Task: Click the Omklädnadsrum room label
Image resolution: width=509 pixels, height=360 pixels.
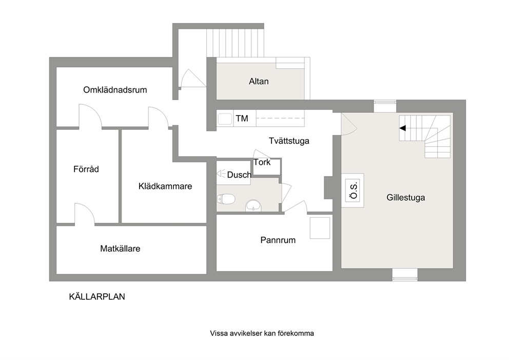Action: click(115, 90)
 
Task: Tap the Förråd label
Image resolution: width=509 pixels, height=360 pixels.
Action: click(86, 169)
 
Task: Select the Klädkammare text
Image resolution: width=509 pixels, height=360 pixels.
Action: click(165, 186)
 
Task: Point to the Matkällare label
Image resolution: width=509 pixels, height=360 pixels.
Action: click(120, 249)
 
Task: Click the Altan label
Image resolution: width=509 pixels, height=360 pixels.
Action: click(259, 81)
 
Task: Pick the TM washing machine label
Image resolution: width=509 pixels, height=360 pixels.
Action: click(242, 118)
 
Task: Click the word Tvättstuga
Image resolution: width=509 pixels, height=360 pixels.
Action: click(289, 141)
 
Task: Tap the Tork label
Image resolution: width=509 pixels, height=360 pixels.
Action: click(262, 162)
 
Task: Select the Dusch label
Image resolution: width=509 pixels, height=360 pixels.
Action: click(239, 175)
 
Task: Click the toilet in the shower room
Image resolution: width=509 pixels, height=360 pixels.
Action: click(226, 199)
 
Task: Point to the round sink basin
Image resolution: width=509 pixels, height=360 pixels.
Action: click(253, 205)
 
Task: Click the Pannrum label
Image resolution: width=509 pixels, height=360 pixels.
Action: click(278, 240)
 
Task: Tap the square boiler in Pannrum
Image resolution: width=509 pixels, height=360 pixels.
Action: click(320, 228)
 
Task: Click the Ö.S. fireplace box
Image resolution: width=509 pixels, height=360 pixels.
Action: click(352, 191)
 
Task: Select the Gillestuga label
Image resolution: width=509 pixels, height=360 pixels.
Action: click(406, 198)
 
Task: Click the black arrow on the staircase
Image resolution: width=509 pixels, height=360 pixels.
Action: click(402, 128)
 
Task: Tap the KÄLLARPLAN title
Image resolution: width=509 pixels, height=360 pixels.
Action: click(97, 297)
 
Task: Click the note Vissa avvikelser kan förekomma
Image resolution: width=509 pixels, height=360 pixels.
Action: click(262, 333)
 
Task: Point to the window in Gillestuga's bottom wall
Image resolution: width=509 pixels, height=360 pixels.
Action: click(405, 275)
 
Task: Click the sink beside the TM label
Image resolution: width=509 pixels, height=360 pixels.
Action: click(225, 119)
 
